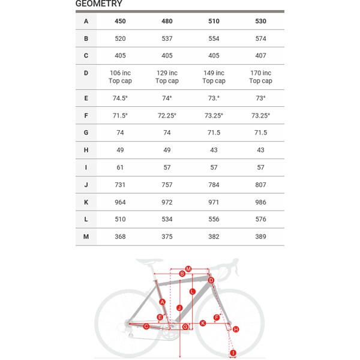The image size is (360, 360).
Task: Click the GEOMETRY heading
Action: point(99,4)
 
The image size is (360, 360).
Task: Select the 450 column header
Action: point(120,21)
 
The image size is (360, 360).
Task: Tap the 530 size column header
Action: point(260,21)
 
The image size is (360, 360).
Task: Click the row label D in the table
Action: point(86,73)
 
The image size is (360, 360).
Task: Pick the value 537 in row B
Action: point(167,38)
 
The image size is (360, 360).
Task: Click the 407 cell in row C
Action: point(260,56)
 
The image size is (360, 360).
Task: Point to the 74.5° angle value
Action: point(120,98)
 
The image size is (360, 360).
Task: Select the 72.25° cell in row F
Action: point(167,116)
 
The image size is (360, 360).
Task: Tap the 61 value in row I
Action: point(120,167)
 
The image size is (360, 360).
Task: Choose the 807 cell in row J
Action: point(260,185)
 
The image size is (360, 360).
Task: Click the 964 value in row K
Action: point(120,203)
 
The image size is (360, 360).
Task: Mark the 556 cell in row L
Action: point(214,220)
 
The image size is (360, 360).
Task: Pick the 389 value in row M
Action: point(260,237)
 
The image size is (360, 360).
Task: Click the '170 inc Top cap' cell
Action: point(260,77)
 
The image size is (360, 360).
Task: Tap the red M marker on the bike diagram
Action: point(188,269)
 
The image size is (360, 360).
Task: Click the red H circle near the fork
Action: point(236,329)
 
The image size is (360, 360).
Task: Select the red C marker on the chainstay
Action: point(146,326)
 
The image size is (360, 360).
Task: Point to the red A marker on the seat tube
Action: point(162,301)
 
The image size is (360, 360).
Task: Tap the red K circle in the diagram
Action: point(203,323)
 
